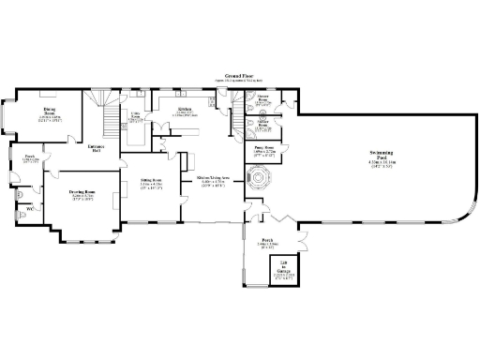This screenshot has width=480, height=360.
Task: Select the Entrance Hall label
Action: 96,149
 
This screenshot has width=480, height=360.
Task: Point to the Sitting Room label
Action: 151,178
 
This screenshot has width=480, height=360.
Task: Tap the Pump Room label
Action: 263,147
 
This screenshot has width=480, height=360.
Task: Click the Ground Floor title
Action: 239,75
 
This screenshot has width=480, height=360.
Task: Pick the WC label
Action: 29,208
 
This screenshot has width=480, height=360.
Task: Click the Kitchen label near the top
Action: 186,109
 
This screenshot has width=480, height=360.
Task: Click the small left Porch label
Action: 29,157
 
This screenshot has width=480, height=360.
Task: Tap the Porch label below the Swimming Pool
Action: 267,239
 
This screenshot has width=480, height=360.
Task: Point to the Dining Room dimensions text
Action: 49,119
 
